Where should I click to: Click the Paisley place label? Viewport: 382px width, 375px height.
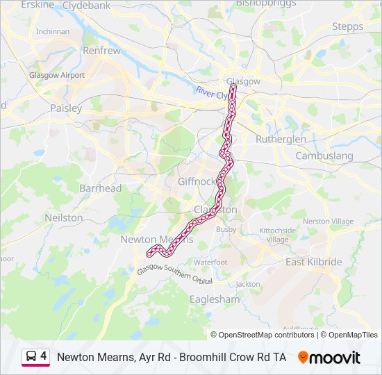[66, 108]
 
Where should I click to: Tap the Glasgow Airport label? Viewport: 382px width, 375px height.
[57, 75]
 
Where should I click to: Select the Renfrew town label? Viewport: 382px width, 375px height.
[101, 51]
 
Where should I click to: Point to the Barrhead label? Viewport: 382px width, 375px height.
[100, 188]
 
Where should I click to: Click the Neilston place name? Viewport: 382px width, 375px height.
[64, 217]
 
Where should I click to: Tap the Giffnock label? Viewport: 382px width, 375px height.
[198, 181]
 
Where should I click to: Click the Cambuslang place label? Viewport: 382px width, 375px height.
[324, 156]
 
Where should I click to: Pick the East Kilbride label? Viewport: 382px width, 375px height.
[314, 262]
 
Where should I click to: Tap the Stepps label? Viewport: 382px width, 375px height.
[347, 26]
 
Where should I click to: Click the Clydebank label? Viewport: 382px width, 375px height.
[86, 5]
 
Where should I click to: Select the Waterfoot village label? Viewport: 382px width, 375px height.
[210, 262]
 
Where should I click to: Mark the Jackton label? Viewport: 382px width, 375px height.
[248, 284]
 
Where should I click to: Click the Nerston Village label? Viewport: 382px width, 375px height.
[329, 221]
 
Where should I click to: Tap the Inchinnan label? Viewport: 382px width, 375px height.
[53, 31]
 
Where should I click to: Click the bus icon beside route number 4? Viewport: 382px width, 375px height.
[31, 357]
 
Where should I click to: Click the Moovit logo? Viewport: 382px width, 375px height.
[329, 358]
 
